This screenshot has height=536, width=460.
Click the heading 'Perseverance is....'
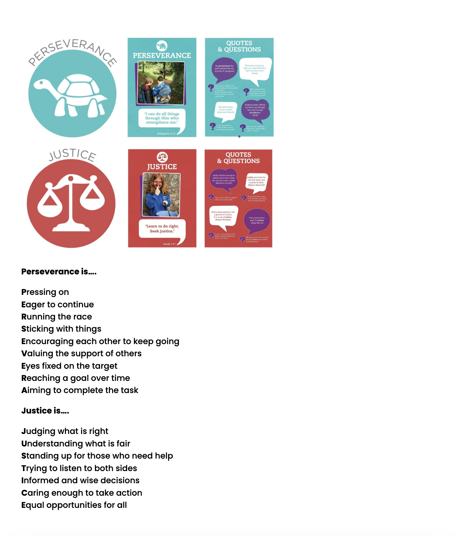coord(59,272)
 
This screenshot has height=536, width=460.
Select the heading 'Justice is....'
coord(45,411)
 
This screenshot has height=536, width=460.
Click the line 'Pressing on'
coord(45,292)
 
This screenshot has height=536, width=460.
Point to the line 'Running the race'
coord(57,317)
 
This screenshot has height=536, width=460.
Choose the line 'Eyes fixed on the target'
coord(70,366)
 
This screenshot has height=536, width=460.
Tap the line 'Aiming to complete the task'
coord(80,390)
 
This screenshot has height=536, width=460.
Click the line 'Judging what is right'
coord(65,431)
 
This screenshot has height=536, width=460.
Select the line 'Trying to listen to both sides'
coord(79,468)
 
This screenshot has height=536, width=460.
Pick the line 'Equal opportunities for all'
coord(74,505)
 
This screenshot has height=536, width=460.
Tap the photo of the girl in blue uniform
coord(161,195)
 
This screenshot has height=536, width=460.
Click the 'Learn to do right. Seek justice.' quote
coord(162,229)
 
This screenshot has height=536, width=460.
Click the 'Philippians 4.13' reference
coord(166,134)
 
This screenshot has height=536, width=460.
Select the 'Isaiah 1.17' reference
coord(169,244)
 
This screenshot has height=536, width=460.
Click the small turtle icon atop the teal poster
coord(162,46)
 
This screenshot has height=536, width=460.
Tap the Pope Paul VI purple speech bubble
coord(257,220)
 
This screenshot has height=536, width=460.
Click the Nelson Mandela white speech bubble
coord(223,216)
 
